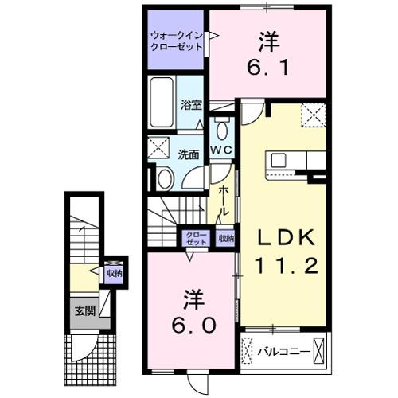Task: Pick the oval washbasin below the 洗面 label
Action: pyautogui.click(x=165, y=180)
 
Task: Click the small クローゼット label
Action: pyautogui.click(x=195, y=236)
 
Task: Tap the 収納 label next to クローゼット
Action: pyautogui.click(x=226, y=237)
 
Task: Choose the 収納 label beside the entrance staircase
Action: pyautogui.click(x=114, y=273)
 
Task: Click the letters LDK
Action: pyautogui.click(x=284, y=237)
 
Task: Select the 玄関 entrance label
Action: pyautogui.click(x=84, y=310)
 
